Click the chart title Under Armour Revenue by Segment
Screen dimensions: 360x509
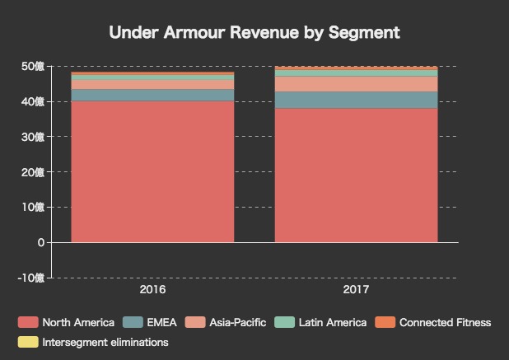(254, 33)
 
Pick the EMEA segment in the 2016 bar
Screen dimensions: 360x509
(152, 95)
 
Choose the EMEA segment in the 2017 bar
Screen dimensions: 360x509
(356, 100)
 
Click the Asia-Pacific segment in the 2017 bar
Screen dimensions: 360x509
(356, 84)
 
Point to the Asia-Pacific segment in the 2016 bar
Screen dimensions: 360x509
(152, 85)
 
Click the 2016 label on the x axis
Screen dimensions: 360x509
(152, 290)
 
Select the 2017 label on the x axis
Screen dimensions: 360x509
(356, 290)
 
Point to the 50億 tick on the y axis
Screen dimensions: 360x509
(34, 66)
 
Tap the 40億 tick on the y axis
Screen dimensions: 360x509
(34, 101)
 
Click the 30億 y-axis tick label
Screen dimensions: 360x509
(34, 137)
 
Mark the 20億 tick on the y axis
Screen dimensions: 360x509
(34, 171)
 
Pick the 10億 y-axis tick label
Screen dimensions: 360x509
(34, 207)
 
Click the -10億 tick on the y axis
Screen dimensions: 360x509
(32, 278)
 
